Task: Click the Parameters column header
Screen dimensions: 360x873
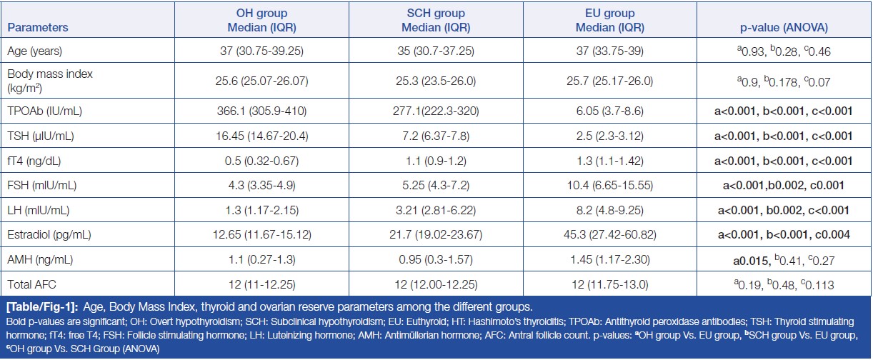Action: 38,28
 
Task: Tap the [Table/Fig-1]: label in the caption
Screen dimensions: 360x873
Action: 39,308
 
